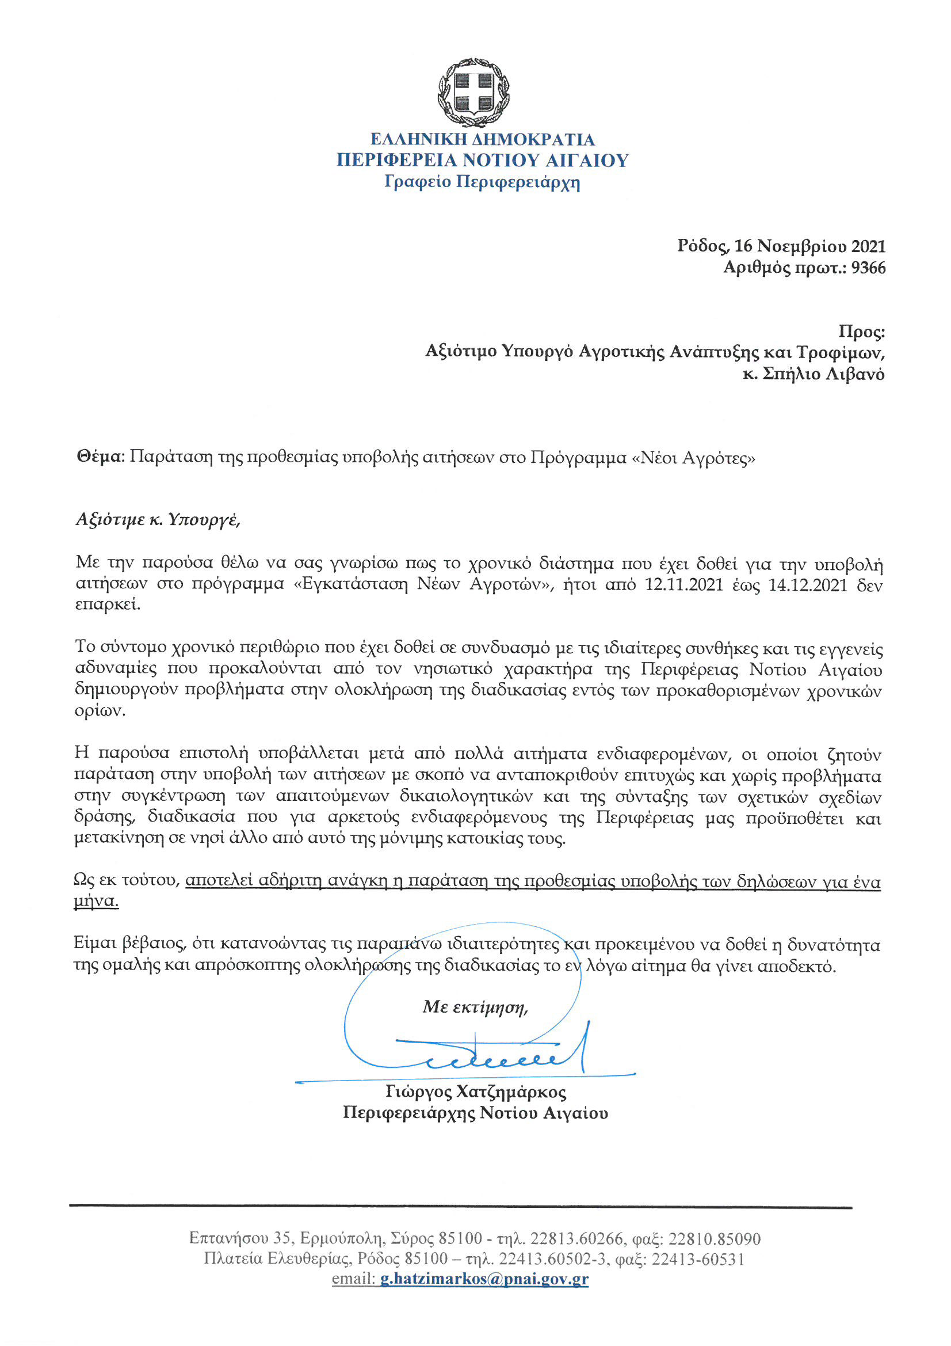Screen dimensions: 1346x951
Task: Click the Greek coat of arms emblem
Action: point(473,93)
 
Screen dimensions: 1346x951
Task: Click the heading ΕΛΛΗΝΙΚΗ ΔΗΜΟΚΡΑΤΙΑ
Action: point(482,139)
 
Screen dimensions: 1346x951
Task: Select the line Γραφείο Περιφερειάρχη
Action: point(482,182)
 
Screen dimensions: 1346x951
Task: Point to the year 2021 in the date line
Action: point(868,246)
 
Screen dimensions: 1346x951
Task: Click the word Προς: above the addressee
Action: point(861,332)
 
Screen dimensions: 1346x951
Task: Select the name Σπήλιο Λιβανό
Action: point(823,374)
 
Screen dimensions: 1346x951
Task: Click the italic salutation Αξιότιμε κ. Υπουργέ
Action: point(158,519)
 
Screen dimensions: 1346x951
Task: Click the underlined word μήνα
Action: point(96,902)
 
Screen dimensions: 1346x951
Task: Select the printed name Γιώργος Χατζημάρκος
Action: point(476,1092)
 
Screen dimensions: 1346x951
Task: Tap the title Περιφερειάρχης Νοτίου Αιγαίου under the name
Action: point(475,1113)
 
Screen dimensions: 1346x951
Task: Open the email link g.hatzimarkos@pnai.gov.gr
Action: point(484,1279)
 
